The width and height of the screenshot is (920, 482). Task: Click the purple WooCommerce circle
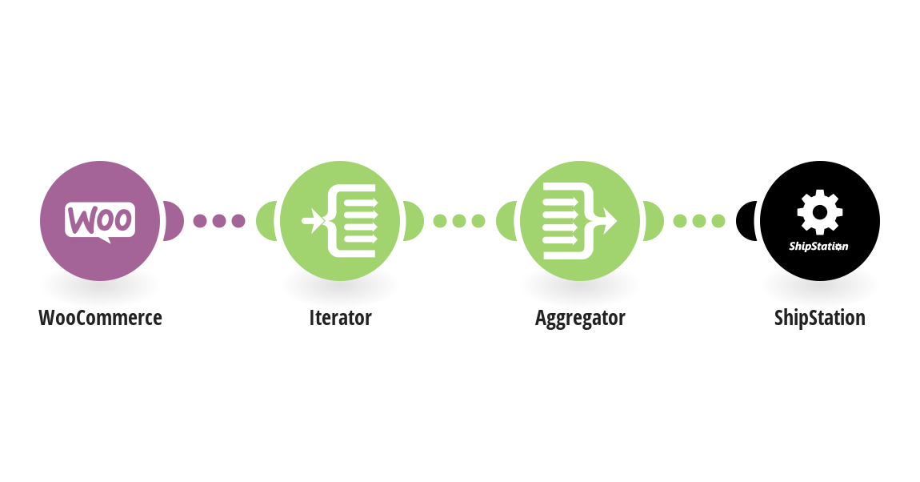(100, 221)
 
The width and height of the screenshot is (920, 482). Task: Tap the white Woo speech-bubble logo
(100, 221)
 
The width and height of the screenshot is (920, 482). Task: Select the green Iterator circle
(340, 221)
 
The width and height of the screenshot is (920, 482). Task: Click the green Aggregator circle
(580, 221)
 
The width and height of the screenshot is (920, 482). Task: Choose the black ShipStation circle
(820, 221)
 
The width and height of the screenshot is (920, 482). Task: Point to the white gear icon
(820, 212)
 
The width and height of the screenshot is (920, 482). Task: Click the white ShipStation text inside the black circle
(818, 247)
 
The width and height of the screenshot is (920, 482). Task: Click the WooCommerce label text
(100, 318)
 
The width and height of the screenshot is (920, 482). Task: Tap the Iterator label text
(340, 318)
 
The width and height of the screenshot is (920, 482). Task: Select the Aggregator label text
(580, 319)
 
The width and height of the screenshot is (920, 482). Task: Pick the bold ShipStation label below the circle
(820, 319)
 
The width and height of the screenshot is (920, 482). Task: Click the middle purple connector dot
(219, 221)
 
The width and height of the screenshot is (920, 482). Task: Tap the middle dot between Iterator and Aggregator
(459, 221)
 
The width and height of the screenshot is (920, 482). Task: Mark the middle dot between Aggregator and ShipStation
(699, 221)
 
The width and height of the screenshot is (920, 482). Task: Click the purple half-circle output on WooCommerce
(174, 221)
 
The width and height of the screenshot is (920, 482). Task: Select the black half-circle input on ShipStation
(746, 221)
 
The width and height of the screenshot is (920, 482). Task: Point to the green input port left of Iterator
(266, 221)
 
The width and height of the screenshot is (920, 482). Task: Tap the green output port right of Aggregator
(654, 221)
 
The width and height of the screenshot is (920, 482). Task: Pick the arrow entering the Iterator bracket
(313, 221)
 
